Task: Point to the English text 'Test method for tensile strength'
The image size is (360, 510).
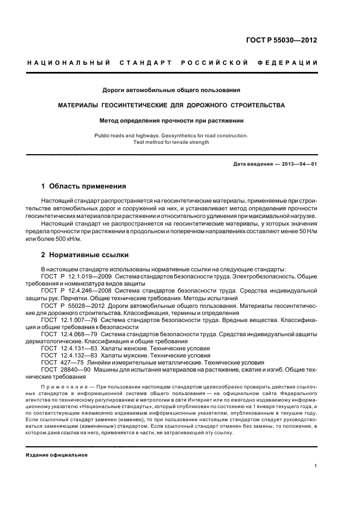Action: coord(171,143)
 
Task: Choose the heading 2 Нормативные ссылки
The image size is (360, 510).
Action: coord(86,254)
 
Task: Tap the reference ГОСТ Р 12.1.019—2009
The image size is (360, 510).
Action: coord(71,277)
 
